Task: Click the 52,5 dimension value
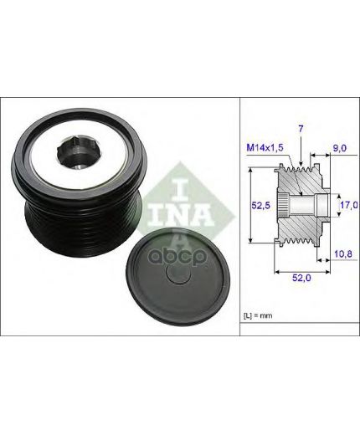(x=261, y=206)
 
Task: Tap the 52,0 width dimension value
(x=301, y=278)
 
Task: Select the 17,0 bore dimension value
(x=348, y=205)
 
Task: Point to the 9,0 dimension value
(x=340, y=148)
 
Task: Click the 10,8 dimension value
(x=343, y=253)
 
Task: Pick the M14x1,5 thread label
(x=265, y=147)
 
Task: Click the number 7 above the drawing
(x=301, y=129)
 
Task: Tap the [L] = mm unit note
(x=258, y=315)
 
